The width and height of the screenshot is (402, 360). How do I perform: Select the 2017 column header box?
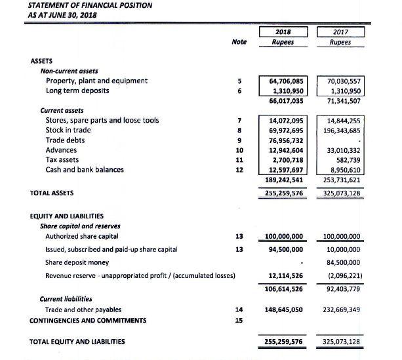click(x=340, y=35)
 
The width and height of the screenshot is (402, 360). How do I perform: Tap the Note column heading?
click(x=239, y=41)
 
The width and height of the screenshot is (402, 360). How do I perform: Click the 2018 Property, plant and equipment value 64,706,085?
click(x=286, y=81)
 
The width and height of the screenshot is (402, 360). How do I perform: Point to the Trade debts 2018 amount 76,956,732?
click(x=286, y=140)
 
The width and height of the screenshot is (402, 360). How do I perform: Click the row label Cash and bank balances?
click(x=85, y=170)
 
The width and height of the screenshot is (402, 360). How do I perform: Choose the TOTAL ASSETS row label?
click(x=52, y=193)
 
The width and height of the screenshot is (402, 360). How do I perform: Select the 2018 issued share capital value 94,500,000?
click(x=284, y=249)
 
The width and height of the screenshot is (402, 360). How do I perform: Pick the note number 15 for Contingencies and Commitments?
click(x=239, y=320)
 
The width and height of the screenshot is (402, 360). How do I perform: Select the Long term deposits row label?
click(x=77, y=90)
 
